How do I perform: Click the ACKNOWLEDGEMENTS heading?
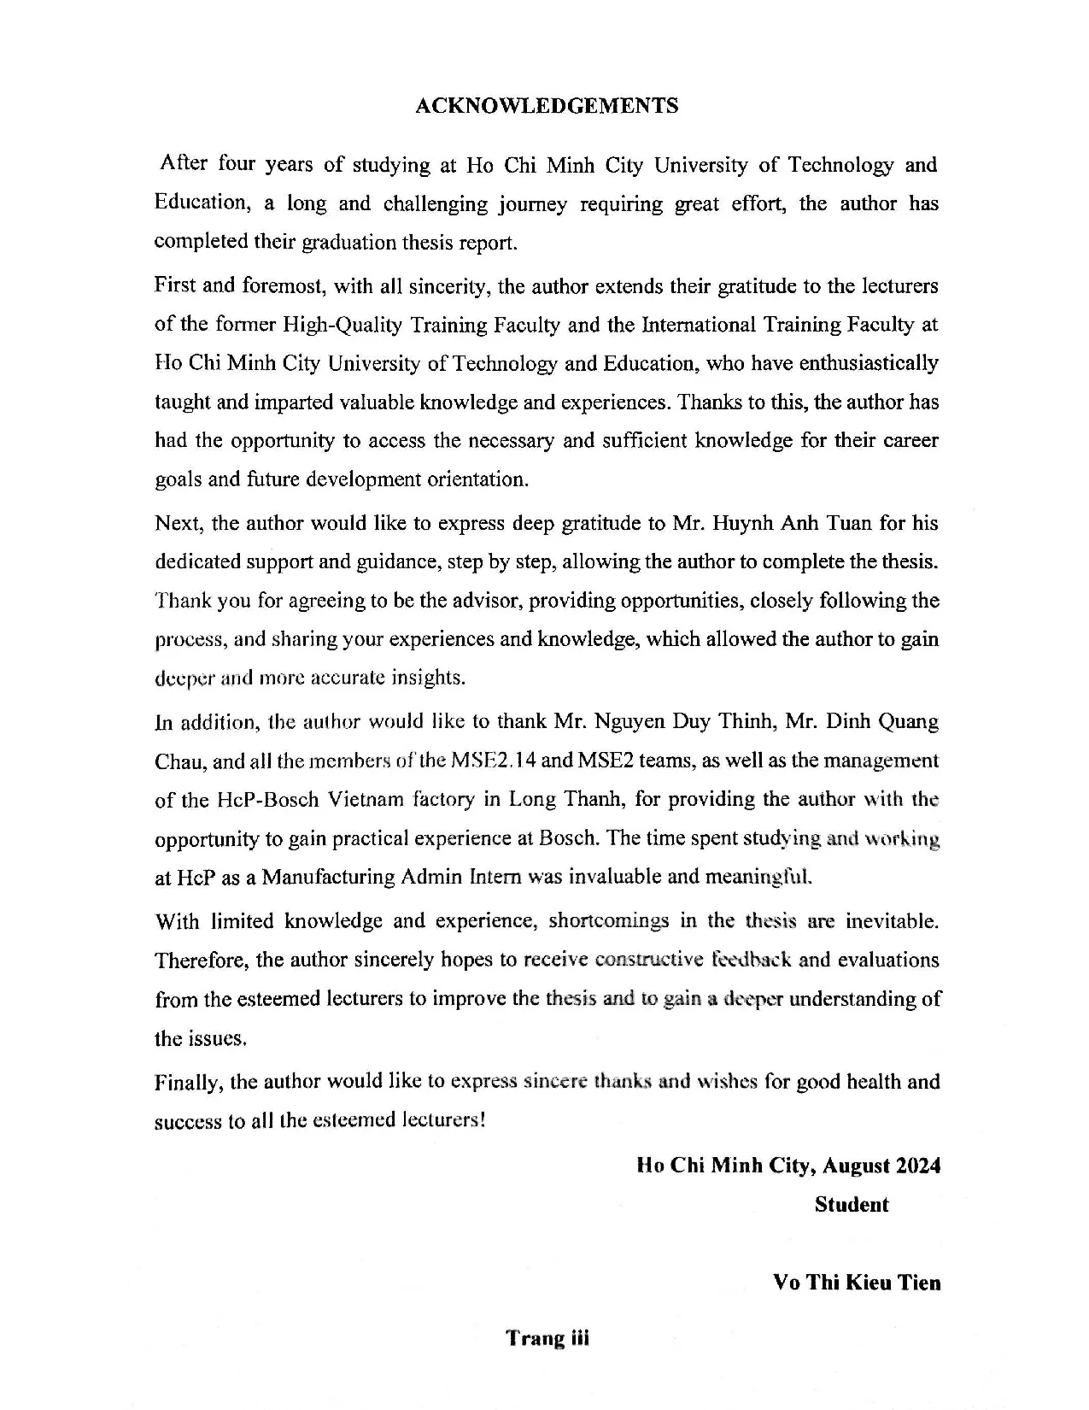point(546,105)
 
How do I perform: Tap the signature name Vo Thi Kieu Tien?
point(856,1283)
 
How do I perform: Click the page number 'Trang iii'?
point(547,1337)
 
